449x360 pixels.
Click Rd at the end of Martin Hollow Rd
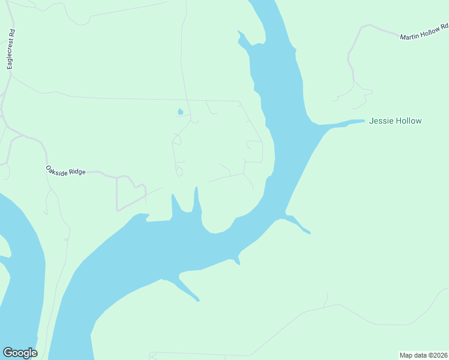[x=445, y=27]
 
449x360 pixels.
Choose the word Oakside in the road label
[x=58, y=170]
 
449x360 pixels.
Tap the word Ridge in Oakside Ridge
[x=77, y=172]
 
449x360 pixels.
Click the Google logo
[x=20, y=353]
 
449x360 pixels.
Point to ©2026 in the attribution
[x=438, y=355]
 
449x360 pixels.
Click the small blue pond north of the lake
[x=179, y=112]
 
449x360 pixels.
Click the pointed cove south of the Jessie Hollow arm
[x=298, y=224]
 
